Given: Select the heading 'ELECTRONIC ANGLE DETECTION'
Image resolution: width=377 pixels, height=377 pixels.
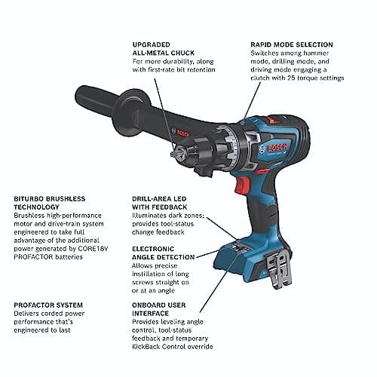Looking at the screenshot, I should (161, 253).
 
